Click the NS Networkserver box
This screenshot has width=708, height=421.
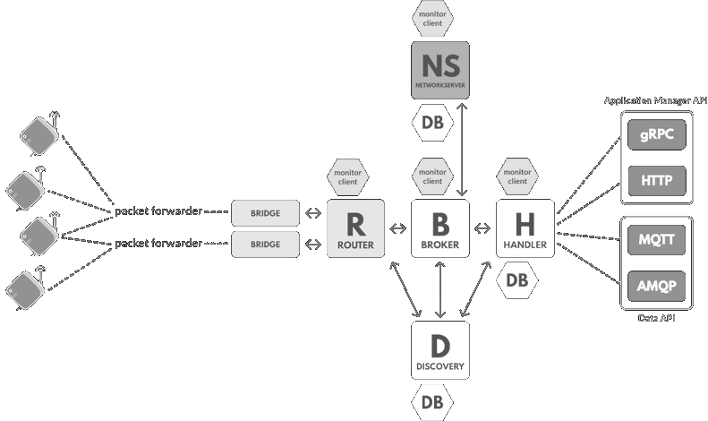tap(440, 71)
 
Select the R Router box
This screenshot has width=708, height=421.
tap(355, 229)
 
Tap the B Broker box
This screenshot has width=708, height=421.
tap(440, 229)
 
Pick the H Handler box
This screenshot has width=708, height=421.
tap(525, 229)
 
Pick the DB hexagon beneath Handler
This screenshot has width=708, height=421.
tap(516, 281)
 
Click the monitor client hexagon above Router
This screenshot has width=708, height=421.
tap(347, 176)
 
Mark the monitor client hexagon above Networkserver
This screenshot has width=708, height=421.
tap(433, 17)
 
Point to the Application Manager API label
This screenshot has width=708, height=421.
tap(654, 101)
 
